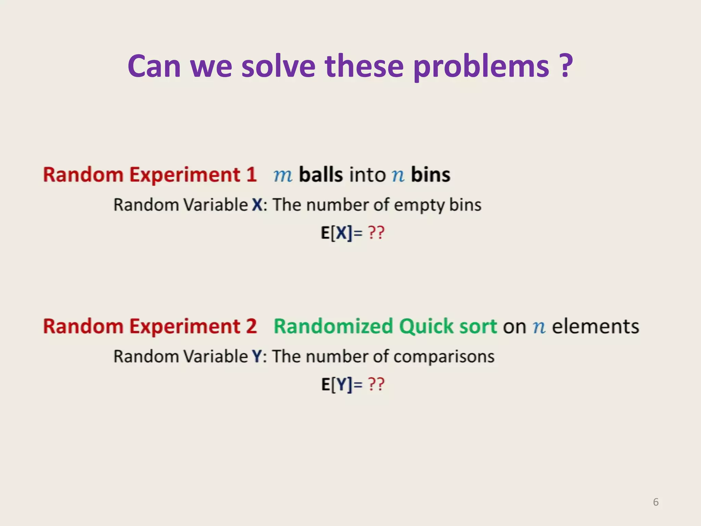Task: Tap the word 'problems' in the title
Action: coord(481,67)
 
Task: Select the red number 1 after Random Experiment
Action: coord(251,175)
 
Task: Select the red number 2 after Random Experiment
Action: coord(251,326)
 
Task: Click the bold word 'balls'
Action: coord(321,175)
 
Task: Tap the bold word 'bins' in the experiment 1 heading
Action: coord(430,175)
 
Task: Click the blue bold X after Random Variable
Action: coord(257,205)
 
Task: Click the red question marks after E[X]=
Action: coord(376,233)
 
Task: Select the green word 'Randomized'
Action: coord(333,326)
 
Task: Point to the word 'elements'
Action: coord(595,326)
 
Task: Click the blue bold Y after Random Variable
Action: coord(257,356)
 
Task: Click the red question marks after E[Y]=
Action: coord(376,385)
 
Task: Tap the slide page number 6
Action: coord(655,502)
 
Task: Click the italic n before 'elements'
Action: coord(539,327)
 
